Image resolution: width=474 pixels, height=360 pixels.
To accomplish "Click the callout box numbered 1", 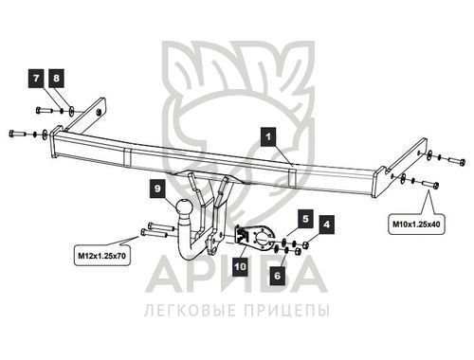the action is pyautogui.click(x=268, y=136).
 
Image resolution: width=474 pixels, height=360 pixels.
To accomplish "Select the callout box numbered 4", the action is pyautogui.click(x=326, y=225).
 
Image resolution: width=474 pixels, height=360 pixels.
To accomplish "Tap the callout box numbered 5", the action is pyautogui.click(x=305, y=219).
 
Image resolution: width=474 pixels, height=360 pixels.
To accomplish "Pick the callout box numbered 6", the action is pyautogui.click(x=278, y=276).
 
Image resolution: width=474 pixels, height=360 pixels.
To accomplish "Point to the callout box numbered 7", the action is pyautogui.click(x=36, y=78).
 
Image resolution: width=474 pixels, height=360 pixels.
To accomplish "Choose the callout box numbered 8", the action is pyautogui.click(x=56, y=78).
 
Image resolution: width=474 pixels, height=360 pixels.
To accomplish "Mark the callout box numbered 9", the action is pyautogui.click(x=157, y=189).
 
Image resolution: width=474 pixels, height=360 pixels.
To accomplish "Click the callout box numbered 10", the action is pyautogui.click(x=240, y=267).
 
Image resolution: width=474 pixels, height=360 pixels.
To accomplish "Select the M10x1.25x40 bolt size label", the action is pyautogui.click(x=416, y=225).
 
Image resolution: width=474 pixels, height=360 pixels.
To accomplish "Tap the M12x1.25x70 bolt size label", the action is pyautogui.click(x=101, y=256).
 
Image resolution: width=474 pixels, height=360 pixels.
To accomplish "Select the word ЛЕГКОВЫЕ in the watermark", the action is pyautogui.click(x=191, y=310).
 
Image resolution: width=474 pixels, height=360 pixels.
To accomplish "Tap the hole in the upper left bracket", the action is pyautogui.click(x=99, y=112).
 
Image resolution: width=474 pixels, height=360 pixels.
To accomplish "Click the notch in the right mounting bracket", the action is pyautogui.click(x=385, y=171).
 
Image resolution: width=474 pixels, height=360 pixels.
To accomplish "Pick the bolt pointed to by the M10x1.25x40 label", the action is pyautogui.click(x=430, y=184).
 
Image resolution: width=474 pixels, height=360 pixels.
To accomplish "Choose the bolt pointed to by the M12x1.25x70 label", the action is pyautogui.click(x=154, y=234).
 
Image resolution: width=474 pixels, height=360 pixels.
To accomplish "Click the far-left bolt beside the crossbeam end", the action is pyautogui.click(x=18, y=133).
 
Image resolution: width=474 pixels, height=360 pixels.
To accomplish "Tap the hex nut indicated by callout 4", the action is pyautogui.click(x=305, y=244).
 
